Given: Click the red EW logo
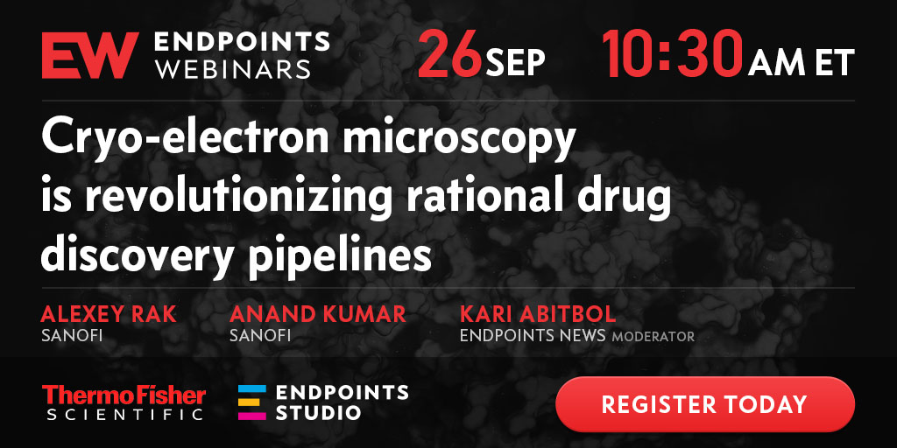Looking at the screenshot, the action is click(x=90, y=55).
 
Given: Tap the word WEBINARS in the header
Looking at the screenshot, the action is click(x=233, y=69).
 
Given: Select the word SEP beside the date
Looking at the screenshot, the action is click(x=516, y=63).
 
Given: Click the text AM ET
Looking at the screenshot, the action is click(x=801, y=63).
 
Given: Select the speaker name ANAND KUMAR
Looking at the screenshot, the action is click(x=318, y=314).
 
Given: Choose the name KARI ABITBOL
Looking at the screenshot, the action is click(x=538, y=314).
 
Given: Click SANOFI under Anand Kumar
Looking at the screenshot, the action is click(x=260, y=335).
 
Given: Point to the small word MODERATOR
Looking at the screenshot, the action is click(x=653, y=337).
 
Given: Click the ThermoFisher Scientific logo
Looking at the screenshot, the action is click(x=124, y=402).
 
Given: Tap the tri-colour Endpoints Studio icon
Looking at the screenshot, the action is click(x=252, y=402).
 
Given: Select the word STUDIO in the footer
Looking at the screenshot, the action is click(x=318, y=413).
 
